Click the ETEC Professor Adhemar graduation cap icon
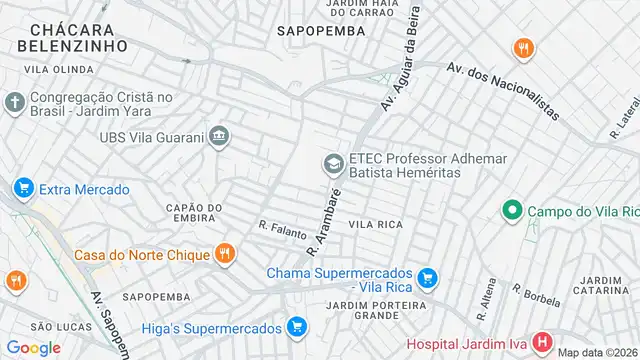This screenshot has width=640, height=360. click(x=332, y=162)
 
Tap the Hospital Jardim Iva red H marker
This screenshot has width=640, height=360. click(x=543, y=342)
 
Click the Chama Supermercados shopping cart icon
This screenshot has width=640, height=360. click(x=428, y=276)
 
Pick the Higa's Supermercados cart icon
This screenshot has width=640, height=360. click(x=296, y=326)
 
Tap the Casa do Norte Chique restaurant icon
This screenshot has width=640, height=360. click(x=225, y=254)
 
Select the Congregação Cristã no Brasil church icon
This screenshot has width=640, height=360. click(x=14, y=102)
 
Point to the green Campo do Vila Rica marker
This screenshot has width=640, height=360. click(x=512, y=211)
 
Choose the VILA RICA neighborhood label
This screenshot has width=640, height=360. click(x=375, y=225)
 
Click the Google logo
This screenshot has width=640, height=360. click(x=33, y=347)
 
